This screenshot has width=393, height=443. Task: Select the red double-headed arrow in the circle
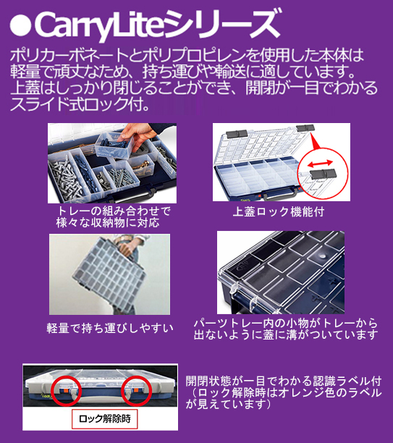point(320,164)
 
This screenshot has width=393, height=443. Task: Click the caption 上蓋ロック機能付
point(279,211)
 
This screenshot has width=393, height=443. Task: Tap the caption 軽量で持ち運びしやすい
point(110,328)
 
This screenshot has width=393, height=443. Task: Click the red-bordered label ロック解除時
point(104,418)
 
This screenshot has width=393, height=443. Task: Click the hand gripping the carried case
point(126,248)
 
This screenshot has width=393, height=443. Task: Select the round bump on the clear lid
point(321,256)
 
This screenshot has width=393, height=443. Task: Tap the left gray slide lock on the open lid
point(237,134)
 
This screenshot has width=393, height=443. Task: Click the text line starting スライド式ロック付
point(80,104)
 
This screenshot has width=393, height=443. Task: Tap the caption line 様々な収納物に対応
point(109,223)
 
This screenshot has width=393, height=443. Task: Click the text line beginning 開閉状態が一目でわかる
point(284,381)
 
